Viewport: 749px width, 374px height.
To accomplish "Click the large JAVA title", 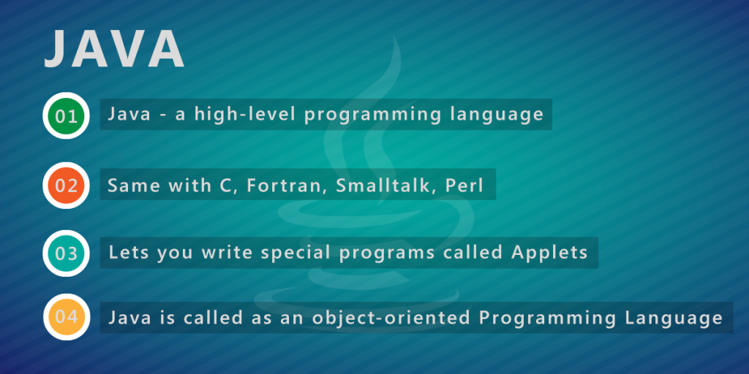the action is [113, 49].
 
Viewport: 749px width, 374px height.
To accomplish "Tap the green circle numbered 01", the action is [66, 116].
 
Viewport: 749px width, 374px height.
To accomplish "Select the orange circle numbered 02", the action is [66, 186].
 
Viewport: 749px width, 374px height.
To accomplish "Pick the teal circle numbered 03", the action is [66, 253].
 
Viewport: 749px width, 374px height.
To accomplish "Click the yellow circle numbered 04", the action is [66, 317].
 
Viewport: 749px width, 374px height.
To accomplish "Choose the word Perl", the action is [464, 185].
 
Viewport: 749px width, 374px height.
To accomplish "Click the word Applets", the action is [549, 253].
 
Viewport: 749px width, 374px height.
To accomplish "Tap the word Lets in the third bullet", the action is [128, 252].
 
